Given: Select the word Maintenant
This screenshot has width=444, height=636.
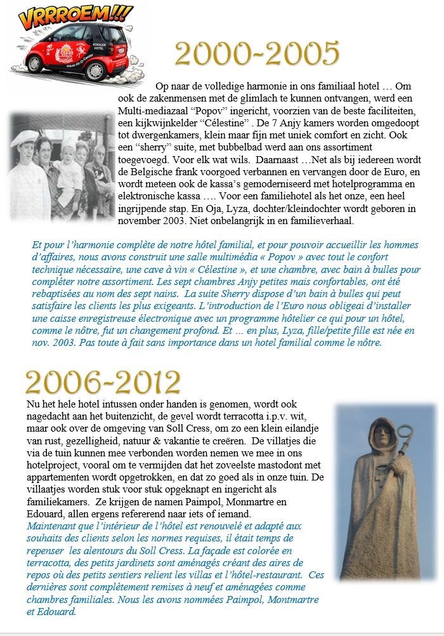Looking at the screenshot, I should click(x=52, y=526).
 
